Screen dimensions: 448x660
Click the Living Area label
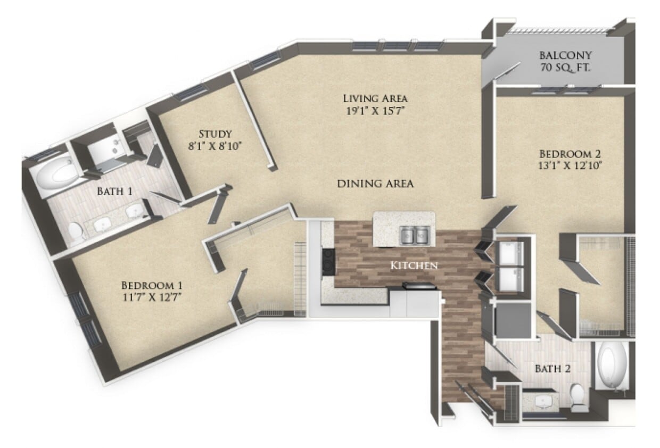(x=375, y=98)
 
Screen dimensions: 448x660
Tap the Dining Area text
(x=375, y=184)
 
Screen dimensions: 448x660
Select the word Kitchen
(x=414, y=265)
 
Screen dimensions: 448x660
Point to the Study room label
(x=215, y=133)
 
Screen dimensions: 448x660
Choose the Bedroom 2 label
(x=572, y=152)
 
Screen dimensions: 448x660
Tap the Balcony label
(x=566, y=55)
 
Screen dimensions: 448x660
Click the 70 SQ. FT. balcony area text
(x=566, y=68)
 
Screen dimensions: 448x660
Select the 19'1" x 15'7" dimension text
(x=375, y=111)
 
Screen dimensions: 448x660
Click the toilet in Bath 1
(x=76, y=233)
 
